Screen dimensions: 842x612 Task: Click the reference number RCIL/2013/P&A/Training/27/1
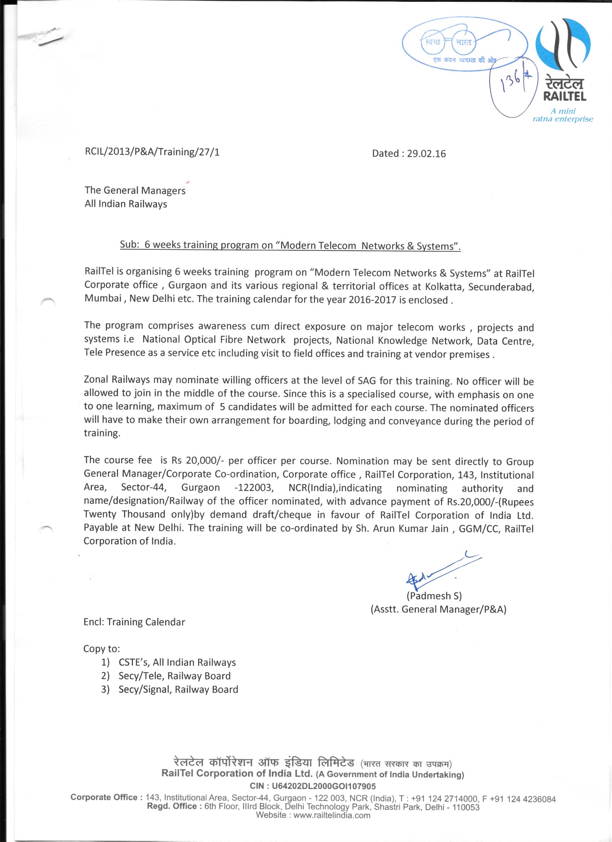coord(152,152)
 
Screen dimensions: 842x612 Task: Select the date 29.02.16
coord(426,154)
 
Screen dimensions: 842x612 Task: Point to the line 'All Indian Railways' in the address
coord(126,204)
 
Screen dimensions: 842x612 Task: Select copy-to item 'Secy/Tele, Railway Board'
coord(175,676)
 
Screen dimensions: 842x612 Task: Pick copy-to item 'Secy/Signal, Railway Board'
coord(178,689)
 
